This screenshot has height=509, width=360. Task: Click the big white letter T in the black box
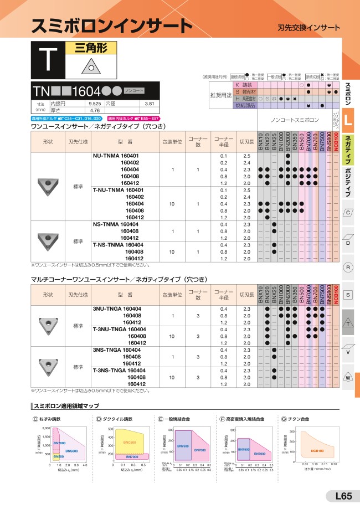coord(49,59)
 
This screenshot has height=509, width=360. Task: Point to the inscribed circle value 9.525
coord(94,104)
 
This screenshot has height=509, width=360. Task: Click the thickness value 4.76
coord(94,110)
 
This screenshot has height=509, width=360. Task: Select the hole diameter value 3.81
coord(148,104)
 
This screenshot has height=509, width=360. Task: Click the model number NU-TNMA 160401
coord(116,156)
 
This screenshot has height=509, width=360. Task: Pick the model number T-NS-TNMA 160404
coord(116,245)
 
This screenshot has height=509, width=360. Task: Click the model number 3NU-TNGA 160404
coord(116,309)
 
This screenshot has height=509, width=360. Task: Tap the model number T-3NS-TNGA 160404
coord(116,371)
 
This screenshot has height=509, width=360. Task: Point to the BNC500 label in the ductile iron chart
coord(129,442)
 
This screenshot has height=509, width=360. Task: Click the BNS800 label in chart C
coord(71,451)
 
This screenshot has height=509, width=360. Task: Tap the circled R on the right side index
coord(348,268)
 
